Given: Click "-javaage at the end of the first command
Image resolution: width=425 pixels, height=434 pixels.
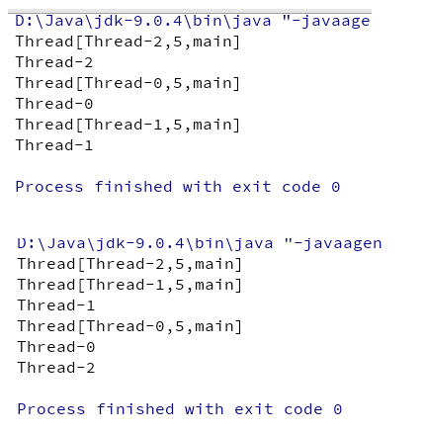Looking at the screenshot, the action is (x=326, y=21).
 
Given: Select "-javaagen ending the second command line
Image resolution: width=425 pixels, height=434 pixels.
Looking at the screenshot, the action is (x=333, y=243).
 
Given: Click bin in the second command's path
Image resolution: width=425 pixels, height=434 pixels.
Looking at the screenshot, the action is (x=209, y=243).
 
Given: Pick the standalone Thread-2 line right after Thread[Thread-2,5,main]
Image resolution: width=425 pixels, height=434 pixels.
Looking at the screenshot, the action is (x=54, y=62).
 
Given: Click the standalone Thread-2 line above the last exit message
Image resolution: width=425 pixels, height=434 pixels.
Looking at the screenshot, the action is (x=56, y=368).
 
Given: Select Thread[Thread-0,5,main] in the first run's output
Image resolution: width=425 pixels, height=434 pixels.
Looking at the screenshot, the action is (x=127, y=83).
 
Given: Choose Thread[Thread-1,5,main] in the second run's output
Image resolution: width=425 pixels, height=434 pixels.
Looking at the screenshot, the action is (x=129, y=285).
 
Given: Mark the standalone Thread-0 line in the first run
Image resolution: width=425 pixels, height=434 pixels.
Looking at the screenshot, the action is (x=54, y=104).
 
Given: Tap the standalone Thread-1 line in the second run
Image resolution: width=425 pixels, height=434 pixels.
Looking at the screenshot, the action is (x=56, y=305).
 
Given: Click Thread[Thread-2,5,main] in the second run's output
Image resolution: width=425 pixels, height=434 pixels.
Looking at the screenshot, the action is (x=129, y=264).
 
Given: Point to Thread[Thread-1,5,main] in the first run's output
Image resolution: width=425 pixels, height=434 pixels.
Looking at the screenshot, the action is (x=127, y=125).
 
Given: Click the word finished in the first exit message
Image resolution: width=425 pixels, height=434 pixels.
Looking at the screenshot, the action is (x=133, y=187).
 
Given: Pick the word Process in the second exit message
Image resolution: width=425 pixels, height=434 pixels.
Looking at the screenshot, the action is (x=51, y=409).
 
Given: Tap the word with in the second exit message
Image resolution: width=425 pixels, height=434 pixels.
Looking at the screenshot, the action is (x=204, y=409).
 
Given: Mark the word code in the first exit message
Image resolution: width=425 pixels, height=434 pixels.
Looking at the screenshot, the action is (x=301, y=187).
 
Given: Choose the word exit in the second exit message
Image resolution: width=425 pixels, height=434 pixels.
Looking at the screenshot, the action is (x=254, y=409).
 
